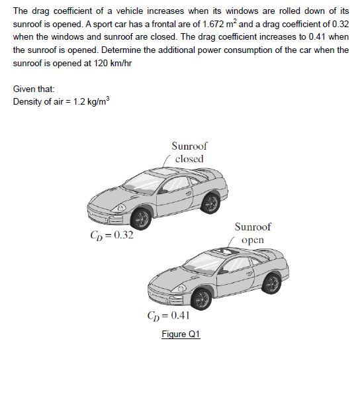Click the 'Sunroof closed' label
tap(189, 152)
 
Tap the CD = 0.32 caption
tap(111, 235)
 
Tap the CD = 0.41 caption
tap(169, 316)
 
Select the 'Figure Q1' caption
tap(181, 334)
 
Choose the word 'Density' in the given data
tap(27, 102)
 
